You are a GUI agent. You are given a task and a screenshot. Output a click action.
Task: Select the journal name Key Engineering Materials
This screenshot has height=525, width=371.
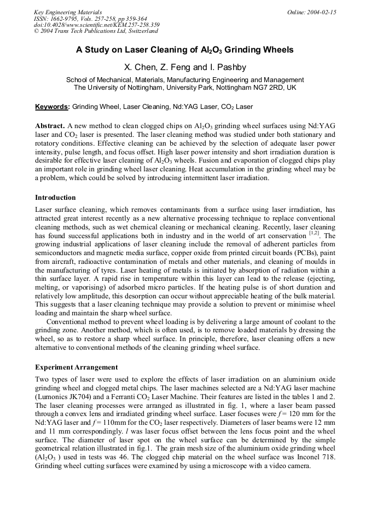[x=68, y=12]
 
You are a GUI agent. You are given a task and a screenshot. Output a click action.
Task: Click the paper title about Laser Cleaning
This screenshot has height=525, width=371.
[x=185, y=50]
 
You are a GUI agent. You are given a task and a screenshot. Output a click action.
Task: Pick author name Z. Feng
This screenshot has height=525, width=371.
[x=175, y=68]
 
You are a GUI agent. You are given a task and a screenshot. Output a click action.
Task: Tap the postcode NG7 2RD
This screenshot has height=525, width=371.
[x=271, y=88]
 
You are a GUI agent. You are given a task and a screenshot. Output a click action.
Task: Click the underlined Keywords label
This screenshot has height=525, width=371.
[x=53, y=107]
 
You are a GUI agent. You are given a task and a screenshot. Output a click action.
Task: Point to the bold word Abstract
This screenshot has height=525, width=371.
[x=50, y=126]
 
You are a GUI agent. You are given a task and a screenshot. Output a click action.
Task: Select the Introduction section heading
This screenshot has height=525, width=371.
[x=55, y=198]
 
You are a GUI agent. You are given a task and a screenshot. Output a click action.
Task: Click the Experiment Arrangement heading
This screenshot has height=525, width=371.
[x=76, y=367]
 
